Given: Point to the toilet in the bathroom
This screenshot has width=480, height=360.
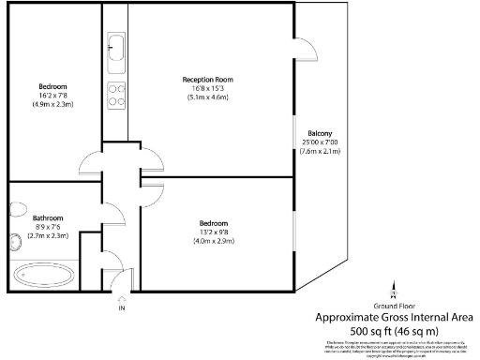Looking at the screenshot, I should (16, 244).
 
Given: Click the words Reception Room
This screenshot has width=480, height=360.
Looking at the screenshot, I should (207, 80).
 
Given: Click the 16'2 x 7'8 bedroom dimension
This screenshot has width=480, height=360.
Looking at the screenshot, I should (52, 95).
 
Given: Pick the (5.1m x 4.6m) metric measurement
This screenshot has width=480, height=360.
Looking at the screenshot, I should (207, 97).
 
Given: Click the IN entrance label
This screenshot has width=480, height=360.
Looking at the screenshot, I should (121, 307).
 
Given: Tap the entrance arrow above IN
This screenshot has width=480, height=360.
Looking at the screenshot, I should (121, 296).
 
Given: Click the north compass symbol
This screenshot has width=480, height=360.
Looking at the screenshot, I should (394, 288).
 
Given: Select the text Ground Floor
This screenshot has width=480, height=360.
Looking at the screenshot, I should (395, 306).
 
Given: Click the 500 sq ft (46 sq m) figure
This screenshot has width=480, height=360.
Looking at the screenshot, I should (394, 331).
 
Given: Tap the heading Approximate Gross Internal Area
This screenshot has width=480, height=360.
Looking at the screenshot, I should (394, 317).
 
